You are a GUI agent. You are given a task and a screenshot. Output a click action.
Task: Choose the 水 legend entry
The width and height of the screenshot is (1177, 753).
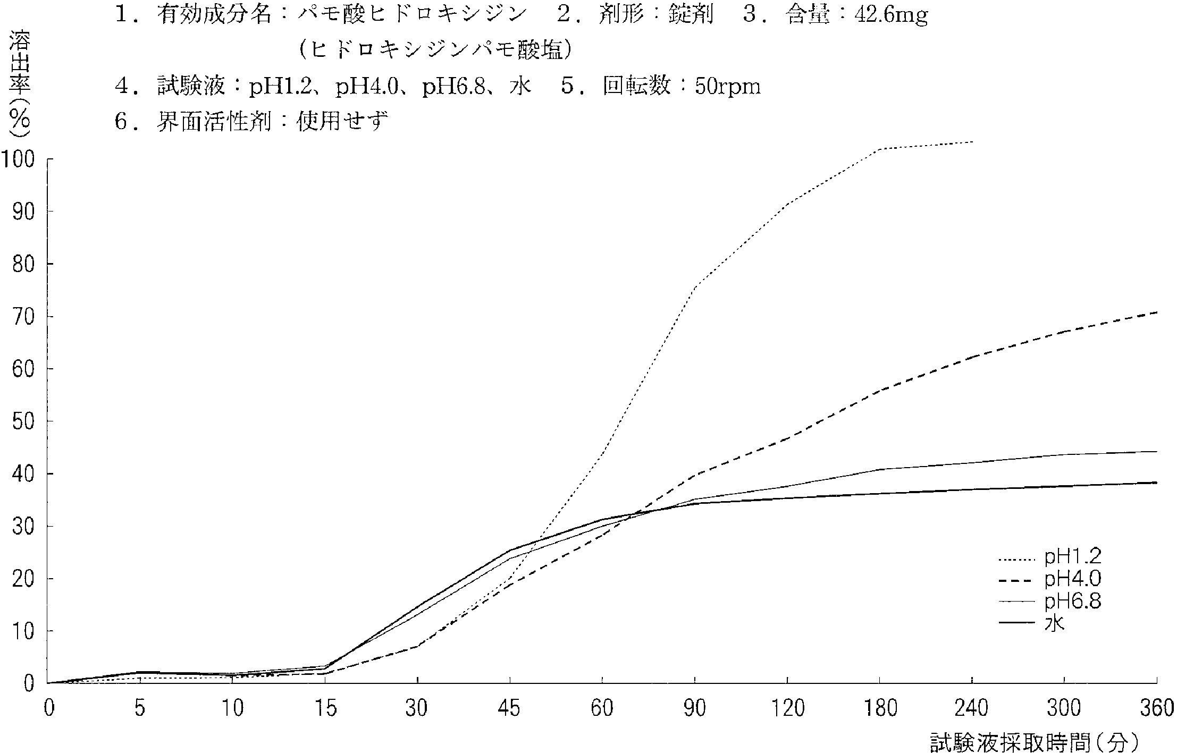(x=1055, y=623)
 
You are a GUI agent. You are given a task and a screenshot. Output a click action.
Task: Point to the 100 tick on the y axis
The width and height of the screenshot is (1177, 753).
(x=19, y=158)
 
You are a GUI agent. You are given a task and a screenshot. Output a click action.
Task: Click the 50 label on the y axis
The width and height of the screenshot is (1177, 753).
(x=24, y=421)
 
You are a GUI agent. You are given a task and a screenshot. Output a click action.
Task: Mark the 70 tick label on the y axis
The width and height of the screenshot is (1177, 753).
(x=24, y=316)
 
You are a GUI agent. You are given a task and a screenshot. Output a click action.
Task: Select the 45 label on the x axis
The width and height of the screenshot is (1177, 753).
(x=510, y=708)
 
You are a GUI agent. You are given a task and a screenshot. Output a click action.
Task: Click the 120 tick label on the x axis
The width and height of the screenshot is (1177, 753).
(x=787, y=708)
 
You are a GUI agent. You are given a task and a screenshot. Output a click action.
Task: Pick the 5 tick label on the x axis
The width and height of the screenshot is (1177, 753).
(x=140, y=708)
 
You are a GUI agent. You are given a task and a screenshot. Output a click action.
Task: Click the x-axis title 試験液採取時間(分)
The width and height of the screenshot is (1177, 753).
(x=1033, y=742)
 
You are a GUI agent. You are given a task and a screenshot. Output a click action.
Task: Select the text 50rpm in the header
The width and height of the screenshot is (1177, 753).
(x=728, y=86)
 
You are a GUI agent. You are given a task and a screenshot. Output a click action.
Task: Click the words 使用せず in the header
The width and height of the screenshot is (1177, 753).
(x=342, y=122)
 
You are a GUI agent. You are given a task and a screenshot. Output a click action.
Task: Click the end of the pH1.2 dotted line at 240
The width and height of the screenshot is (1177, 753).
(x=972, y=142)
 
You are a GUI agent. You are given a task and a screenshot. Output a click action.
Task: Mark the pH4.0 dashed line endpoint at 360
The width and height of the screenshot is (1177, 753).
(x=1157, y=312)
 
